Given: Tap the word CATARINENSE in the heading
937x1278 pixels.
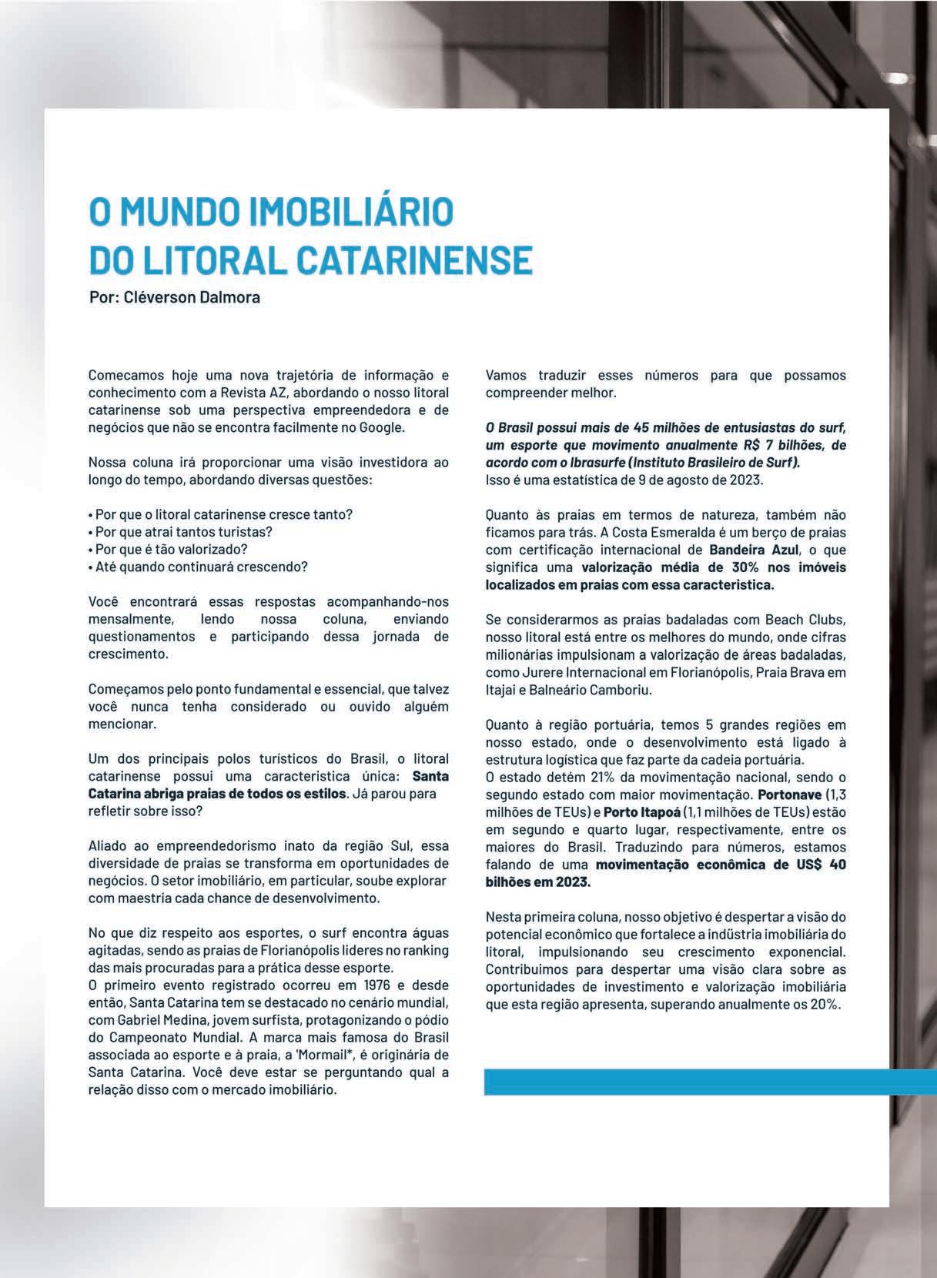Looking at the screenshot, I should (x=416, y=260).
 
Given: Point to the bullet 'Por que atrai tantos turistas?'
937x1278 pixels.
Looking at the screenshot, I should (x=182, y=532).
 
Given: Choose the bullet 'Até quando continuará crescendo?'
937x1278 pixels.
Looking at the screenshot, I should (x=199, y=567).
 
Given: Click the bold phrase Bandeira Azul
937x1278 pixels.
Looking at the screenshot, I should (x=748, y=550).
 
